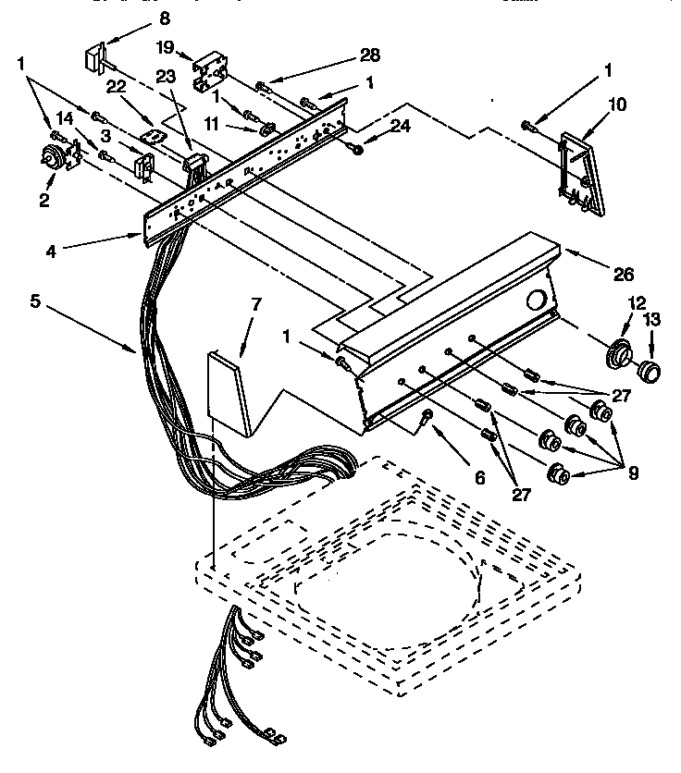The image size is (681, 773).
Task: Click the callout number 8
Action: click(x=164, y=18)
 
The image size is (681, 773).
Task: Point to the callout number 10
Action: click(x=617, y=104)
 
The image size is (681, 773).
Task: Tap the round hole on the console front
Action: click(x=534, y=300)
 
